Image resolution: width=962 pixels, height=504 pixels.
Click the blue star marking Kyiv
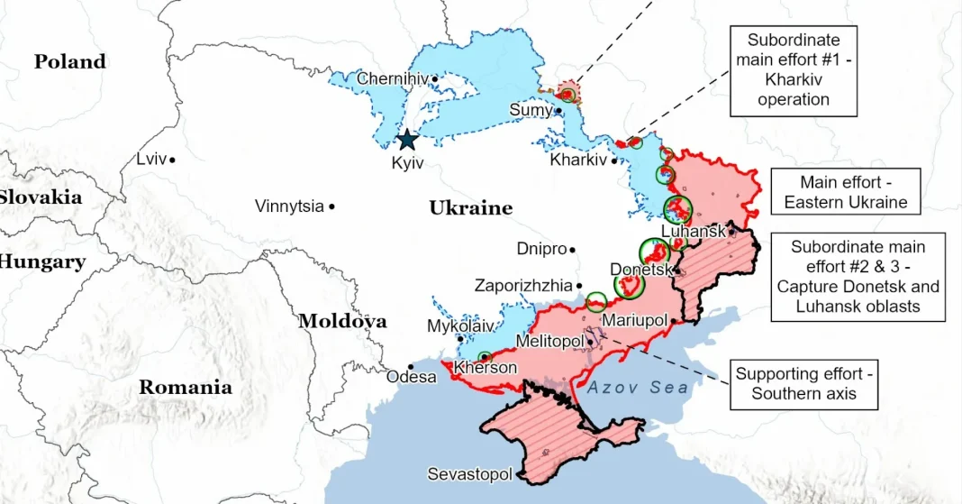[x=407, y=140]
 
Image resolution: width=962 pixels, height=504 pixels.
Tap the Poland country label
[x=70, y=62]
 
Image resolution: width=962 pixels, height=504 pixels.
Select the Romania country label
[x=185, y=388]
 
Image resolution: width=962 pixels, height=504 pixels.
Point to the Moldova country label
[x=342, y=321]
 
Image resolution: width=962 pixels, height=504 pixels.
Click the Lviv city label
[x=151, y=160]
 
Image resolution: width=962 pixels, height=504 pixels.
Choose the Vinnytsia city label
[x=289, y=206]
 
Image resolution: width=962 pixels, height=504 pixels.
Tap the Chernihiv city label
[x=392, y=79]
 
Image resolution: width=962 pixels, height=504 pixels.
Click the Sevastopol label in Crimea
[x=469, y=474]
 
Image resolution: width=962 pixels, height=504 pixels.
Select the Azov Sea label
[x=639, y=388]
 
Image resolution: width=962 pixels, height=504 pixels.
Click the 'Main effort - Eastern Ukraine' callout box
[x=845, y=192]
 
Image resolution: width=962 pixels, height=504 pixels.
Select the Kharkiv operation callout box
[x=793, y=69]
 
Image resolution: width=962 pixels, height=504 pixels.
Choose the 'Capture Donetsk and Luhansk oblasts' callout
[x=858, y=277]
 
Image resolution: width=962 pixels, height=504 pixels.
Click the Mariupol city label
[x=634, y=321]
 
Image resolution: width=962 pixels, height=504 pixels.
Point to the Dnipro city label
[x=541, y=249]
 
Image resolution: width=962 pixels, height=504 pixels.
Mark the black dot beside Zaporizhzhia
[x=579, y=286]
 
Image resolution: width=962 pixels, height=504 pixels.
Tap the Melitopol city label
[x=549, y=342]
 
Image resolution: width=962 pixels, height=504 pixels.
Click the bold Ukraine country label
[x=470, y=208]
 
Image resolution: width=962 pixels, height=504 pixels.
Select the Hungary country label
[x=41, y=262]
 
